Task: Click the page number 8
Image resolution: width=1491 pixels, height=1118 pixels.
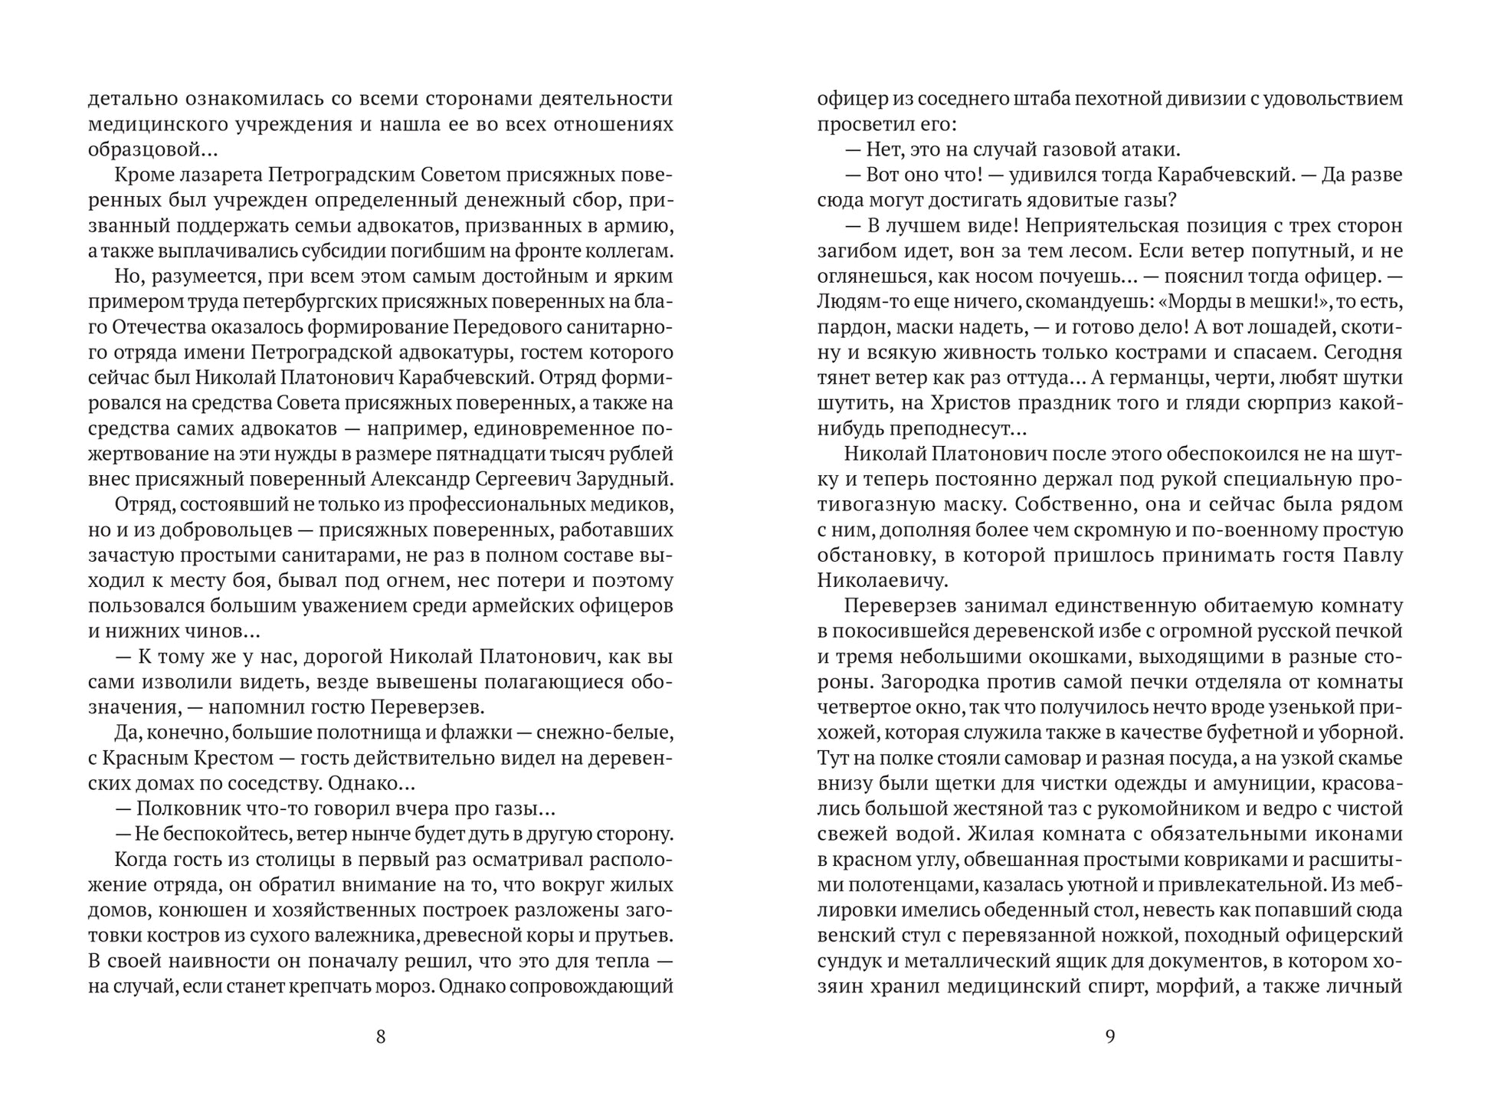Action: pyautogui.click(x=381, y=1037)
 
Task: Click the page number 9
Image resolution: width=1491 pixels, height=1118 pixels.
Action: pyautogui.click(x=1110, y=1037)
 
